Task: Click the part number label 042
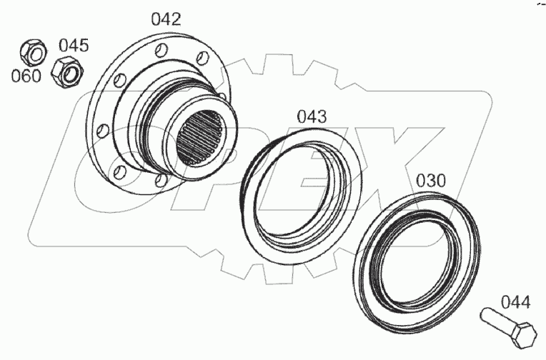(x=165, y=19)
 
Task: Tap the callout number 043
(x=312, y=116)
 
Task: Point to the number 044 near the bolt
(x=515, y=302)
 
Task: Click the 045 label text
(x=74, y=46)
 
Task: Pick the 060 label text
(x=26, y=76)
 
